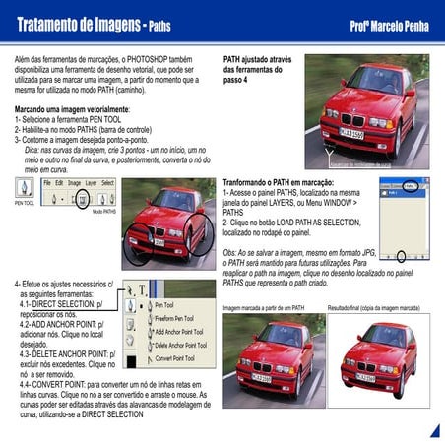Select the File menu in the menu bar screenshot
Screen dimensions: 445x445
(x=46, y=183)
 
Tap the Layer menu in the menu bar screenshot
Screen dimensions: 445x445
(x=90, y=183)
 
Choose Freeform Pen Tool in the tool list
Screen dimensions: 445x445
(x=178, y=318)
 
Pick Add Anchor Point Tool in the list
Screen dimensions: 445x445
(x=179, y=332)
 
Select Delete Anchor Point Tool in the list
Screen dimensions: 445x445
(x=179, y=345)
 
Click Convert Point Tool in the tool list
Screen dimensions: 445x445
(x=177, y=358)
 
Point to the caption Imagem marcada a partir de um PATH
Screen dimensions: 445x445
(x=264, y=308)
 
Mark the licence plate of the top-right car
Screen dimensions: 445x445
(x=351, y=133)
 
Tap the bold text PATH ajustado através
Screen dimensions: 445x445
(x=258, y=58)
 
